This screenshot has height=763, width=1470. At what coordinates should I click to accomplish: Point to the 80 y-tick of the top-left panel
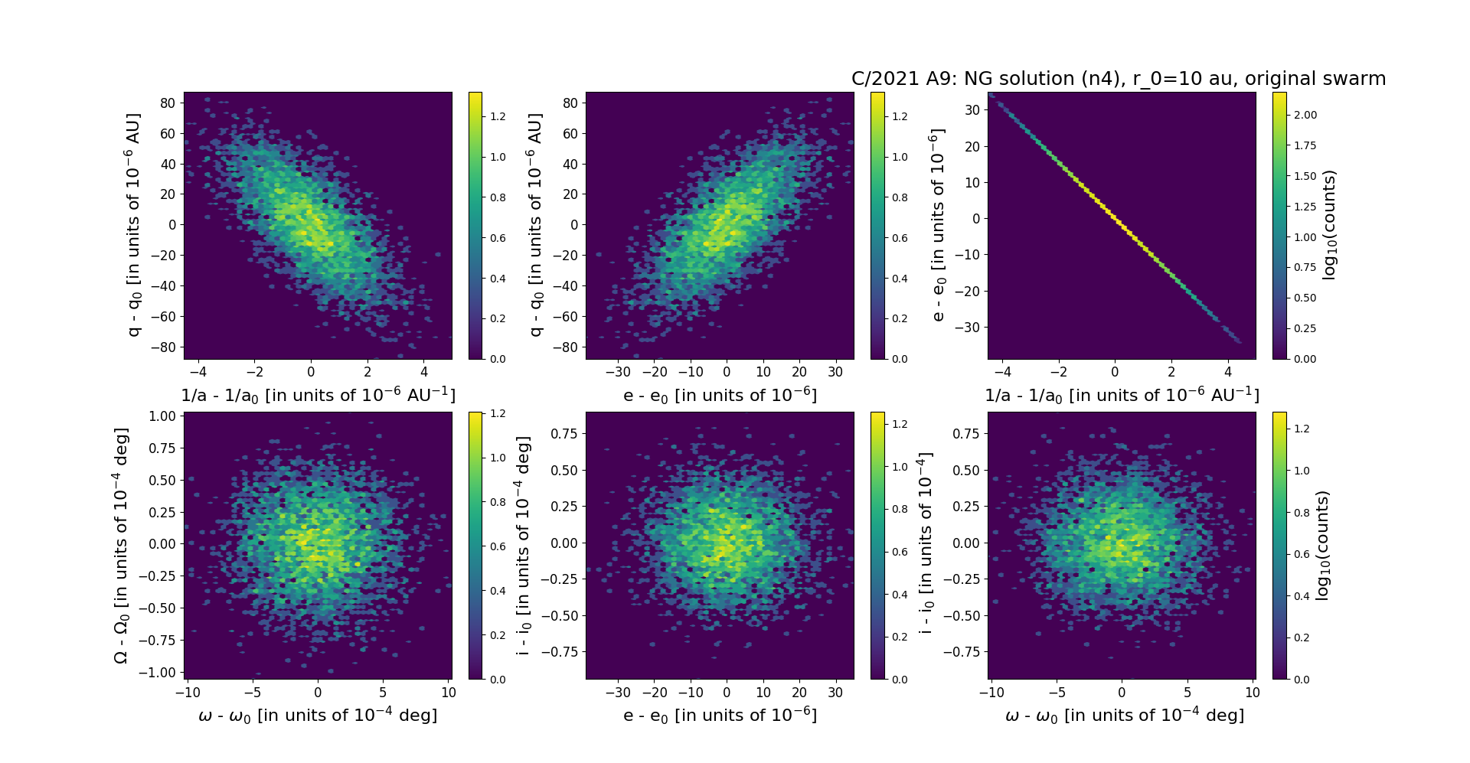coord(168,103)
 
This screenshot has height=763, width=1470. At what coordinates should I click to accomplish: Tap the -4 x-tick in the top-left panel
coord(198,373)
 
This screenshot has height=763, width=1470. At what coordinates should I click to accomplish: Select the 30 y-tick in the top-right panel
coord(972,110)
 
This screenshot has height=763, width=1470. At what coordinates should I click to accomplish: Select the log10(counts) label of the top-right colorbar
coord(1329,225)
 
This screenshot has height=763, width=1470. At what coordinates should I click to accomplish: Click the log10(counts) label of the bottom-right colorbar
coord(1321,546)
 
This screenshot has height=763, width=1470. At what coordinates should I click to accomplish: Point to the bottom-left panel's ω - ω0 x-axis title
coord(318,716)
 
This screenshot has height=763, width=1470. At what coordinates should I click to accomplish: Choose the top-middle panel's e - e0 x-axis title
coord(720,396)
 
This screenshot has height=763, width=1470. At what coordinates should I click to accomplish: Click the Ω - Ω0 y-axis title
coord(121,546)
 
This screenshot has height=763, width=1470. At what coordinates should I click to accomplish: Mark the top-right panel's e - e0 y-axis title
coord(937,225)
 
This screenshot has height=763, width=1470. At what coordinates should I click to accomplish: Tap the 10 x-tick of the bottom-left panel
coord(449,693)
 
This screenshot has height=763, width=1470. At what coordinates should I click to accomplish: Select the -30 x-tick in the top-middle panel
coord(618,373)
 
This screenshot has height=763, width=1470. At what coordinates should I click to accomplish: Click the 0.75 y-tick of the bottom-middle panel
coord(564,434)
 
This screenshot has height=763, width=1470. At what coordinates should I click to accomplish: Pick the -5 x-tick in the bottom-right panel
coord(1057,693)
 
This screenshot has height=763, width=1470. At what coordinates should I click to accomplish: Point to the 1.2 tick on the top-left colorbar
coord(498,117)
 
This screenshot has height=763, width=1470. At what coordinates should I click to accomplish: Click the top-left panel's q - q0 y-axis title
coord(133,225)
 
